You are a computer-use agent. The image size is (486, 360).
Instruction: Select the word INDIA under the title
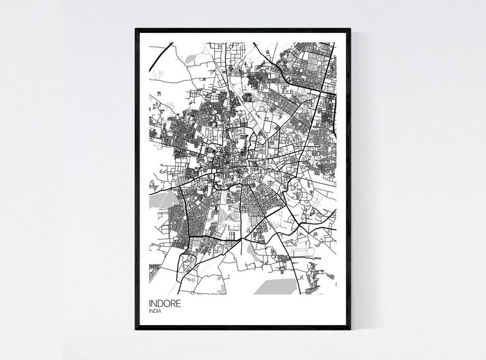coord(157,312)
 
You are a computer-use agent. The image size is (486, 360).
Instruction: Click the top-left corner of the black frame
coord(136,29)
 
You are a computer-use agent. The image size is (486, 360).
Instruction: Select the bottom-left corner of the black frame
coord(136,329)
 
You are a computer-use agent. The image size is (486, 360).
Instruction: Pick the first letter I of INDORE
coord(150,302)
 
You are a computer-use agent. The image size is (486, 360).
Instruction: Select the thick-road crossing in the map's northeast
coord(319,92)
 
